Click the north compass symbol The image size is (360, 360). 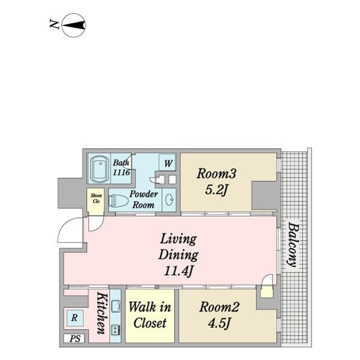tap(74, 25)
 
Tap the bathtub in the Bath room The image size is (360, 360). tap(100, 169)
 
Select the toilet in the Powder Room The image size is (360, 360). tap(118, 200)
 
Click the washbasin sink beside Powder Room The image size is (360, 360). tap(170, 199)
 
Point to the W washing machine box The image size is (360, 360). tap(167, 163)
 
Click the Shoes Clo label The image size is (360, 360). tap(96, 198)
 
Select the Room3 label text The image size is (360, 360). tap(216, 173)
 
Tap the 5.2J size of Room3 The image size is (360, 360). tap(216, 190)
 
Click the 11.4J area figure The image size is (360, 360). tap(178, 271)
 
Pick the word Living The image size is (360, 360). tap(178, 239)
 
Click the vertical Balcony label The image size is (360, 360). tap(293, 245)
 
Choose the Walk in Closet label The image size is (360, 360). tap(149, 315)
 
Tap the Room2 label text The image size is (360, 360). tap(219, 307)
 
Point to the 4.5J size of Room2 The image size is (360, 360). tap(219, 323)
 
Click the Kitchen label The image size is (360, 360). tap(102, 313)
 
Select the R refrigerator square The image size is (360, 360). tap(74, 318)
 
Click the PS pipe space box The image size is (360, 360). tap(75, 339)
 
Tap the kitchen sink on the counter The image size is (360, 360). tap(115, 306)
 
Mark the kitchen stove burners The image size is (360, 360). tap(115, 329)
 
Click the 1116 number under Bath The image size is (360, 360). tap(121, 172)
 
